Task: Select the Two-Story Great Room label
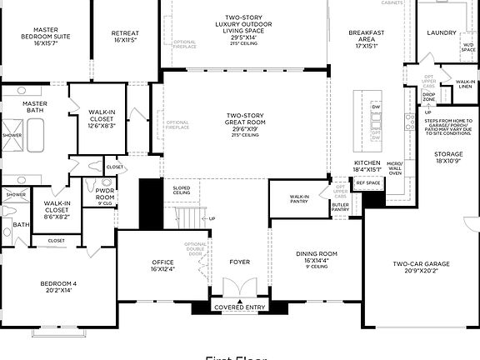(x=245, y=124)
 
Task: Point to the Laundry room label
(x=441, y=32)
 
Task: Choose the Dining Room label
(x=317, y=257)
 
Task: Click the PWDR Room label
(x=104, y=193)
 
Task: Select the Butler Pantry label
(x=340, y=207)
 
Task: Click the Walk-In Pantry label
(x=299, y=198)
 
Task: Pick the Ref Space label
(x=367, y=182)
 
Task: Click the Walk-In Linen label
(x=465, y=84)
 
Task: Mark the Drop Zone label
(x=428, y=97)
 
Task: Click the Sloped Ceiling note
(x=181, y=191)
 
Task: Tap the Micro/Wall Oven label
(x=395, y=167)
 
